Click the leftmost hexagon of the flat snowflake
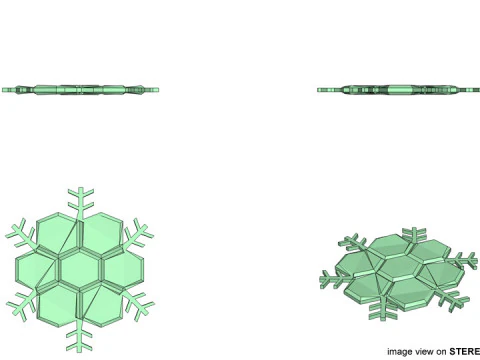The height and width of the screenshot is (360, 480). pos(38,266)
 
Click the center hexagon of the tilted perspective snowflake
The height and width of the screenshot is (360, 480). pos(397,269)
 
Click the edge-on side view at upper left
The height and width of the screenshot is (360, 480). pos(80,89)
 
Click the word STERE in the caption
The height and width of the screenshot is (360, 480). pos(463,351)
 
